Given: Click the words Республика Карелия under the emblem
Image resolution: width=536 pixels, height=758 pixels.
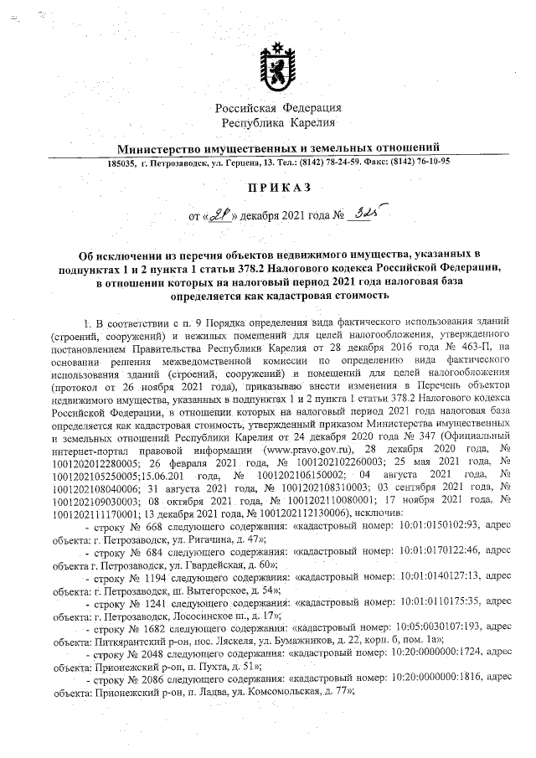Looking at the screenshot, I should [278, 123].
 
